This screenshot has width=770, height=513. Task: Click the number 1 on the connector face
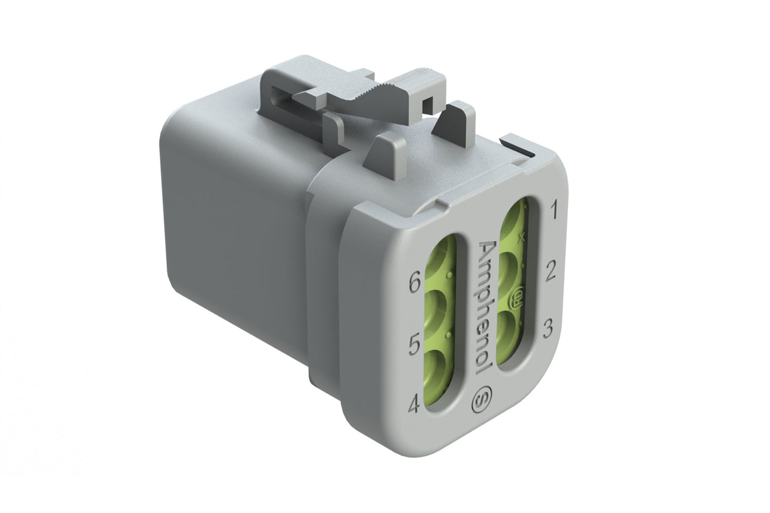[x=553, y=211]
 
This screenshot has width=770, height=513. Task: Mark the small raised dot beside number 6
[x=450, y=274]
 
